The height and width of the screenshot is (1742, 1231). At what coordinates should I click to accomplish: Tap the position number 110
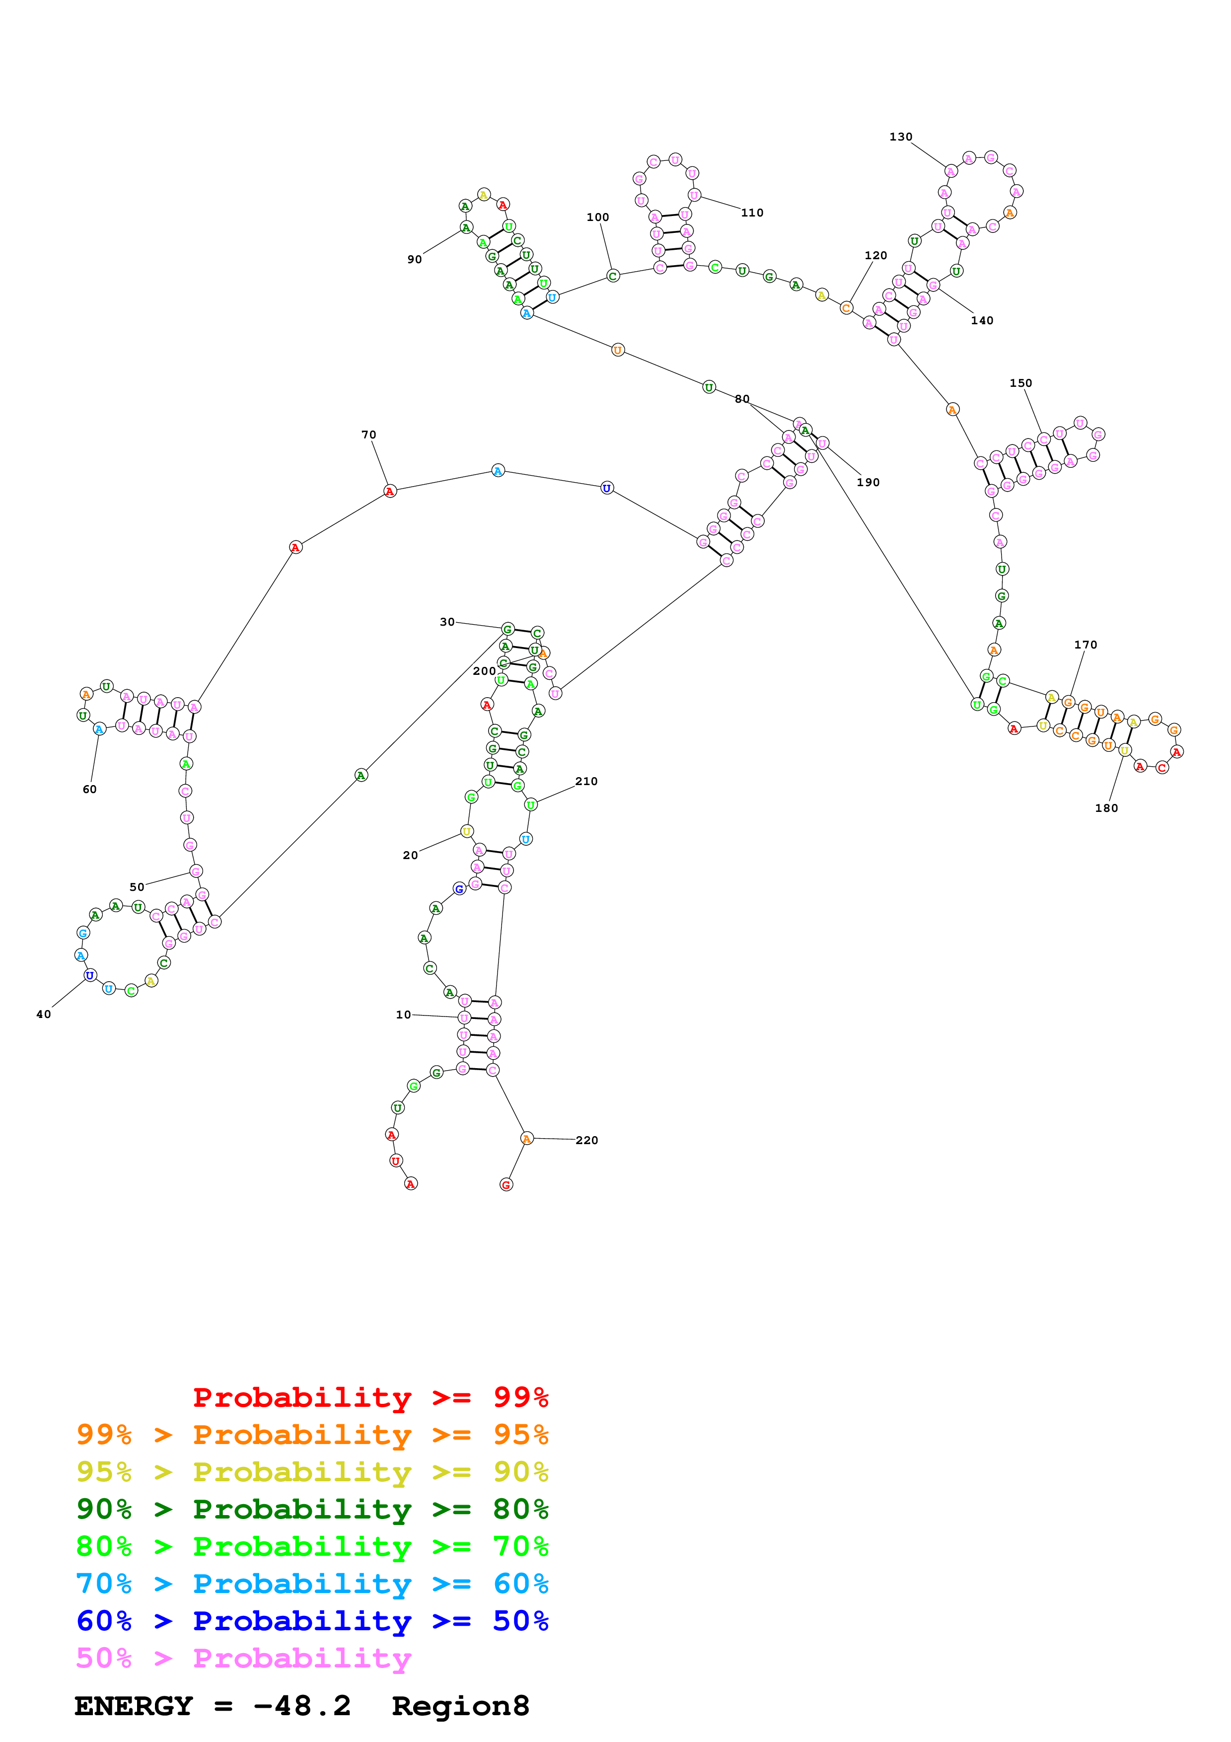[752, 213]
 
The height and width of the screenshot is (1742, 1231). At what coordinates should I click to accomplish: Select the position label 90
[414, 260]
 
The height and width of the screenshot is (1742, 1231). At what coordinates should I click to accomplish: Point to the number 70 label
[368, 435]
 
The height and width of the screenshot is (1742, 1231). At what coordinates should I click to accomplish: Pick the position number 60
[89, 789]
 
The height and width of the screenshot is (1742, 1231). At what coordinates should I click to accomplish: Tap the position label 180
[1106, 808]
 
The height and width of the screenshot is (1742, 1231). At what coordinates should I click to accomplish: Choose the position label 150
[1020, 383]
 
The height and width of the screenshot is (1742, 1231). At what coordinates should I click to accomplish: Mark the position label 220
[586, 1140]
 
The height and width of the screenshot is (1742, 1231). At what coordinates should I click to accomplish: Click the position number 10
[404, 1015]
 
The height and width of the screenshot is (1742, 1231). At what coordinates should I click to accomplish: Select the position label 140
[981, 321]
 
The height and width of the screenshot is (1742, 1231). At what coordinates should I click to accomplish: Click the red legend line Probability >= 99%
[370, 1397]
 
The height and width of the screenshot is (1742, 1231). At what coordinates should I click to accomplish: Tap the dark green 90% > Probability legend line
[312, 1509]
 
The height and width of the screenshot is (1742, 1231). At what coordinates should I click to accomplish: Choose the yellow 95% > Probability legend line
[312, 1472]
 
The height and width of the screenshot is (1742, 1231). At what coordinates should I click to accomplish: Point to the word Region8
[460, 1706]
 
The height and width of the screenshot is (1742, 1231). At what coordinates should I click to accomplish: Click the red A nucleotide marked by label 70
[390, 492]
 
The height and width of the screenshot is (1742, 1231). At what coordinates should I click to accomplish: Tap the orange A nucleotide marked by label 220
[526, 1138]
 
